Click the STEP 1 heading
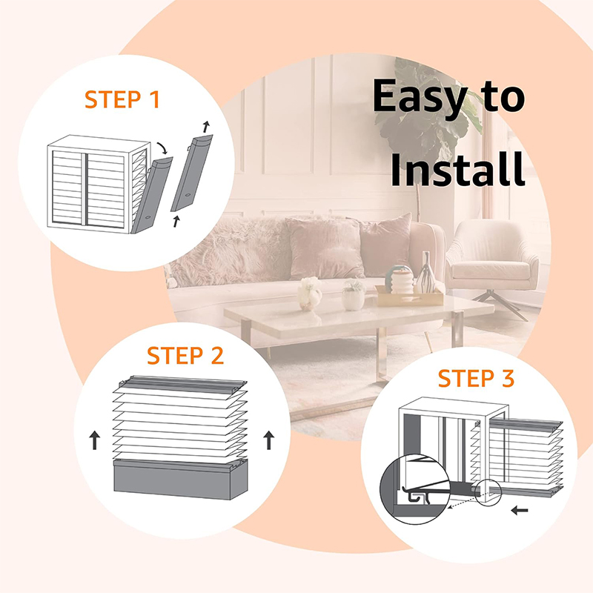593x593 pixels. (122, 99)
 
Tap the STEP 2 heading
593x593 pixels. (185, 356)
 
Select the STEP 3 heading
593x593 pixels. (476, 378)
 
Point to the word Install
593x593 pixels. (457, 169)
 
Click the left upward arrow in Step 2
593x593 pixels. (95, 441)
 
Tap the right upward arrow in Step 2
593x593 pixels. (268, 440)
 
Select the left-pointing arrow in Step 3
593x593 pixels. (520, 511)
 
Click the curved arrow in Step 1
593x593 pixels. (162, 148)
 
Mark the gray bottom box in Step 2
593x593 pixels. (181, 479)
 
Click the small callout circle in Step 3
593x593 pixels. (488, 492)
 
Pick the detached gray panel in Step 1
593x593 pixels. (192, 173)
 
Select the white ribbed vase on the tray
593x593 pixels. (402, 280)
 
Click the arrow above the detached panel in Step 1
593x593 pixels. (206, 127)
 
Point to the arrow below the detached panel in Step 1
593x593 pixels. (176, 222)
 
